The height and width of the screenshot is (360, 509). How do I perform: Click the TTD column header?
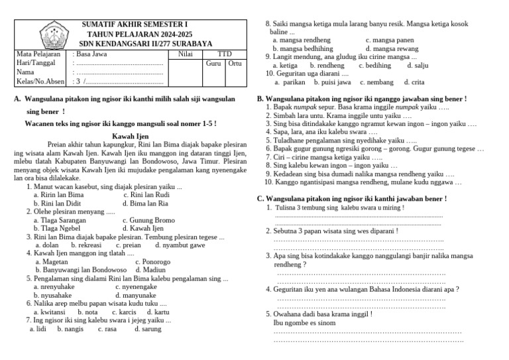[225, 54]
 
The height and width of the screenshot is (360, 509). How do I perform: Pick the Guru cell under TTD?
[213, 64]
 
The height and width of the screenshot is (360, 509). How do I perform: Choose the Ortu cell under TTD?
[235, 64]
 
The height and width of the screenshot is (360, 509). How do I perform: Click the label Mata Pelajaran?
[38, 54]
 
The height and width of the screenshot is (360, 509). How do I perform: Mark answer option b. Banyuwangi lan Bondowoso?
[81, 270]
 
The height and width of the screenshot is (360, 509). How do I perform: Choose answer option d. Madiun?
[151, 270]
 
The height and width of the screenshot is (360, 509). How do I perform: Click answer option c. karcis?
[125, 312]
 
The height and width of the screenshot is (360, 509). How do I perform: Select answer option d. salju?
[418, 66]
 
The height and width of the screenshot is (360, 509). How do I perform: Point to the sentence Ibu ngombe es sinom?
[304, 323]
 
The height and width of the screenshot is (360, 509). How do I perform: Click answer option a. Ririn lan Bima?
[59, 196]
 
